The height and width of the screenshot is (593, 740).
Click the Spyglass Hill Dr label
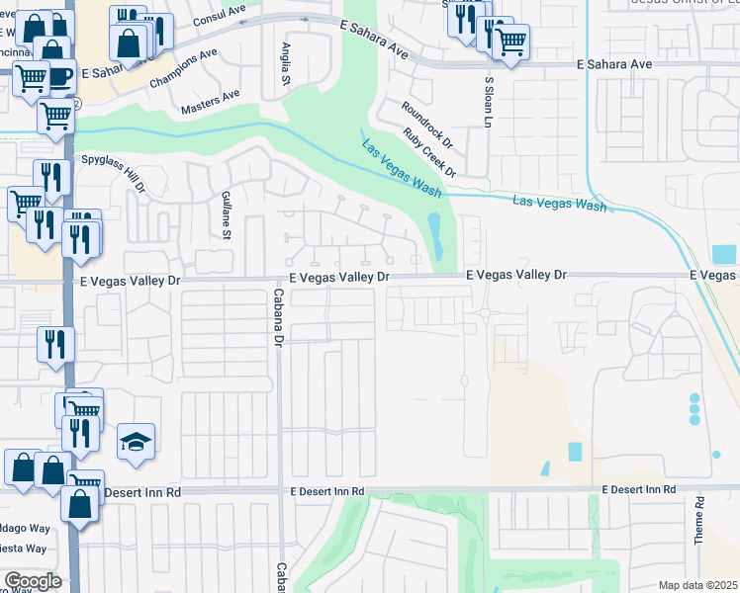115,172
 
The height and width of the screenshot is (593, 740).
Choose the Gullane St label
226,215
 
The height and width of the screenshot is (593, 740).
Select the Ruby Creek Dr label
429,152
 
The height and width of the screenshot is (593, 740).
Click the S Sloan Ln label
488,99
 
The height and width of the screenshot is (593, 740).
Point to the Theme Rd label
698,520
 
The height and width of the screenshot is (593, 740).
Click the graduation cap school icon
137,442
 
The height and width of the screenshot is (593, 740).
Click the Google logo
33,580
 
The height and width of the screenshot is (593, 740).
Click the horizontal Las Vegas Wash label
559,204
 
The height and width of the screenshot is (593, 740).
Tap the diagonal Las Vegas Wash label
401,166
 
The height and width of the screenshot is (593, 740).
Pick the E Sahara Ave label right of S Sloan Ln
614,63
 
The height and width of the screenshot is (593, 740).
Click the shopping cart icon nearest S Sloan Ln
509,42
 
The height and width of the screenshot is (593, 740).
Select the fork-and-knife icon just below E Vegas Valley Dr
53,342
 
